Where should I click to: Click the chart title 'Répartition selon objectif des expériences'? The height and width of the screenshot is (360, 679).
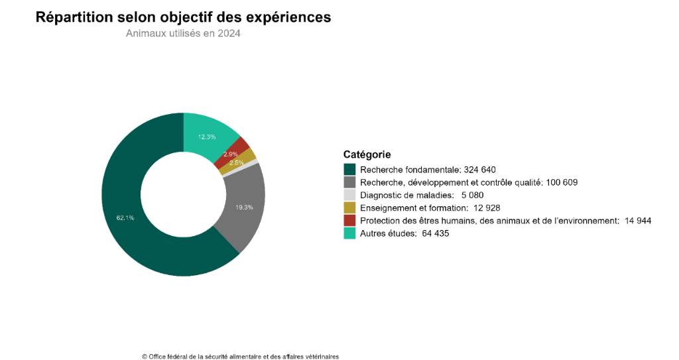(x=183, y=17)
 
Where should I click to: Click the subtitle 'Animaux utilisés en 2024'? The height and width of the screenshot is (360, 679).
(x=183, y=34)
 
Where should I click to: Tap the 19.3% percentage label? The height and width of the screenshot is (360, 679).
(x=244, y=208)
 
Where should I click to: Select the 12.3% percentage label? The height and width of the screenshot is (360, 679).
(x=207, y=137)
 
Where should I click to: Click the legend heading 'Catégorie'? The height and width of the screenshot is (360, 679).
(x=367, y=154)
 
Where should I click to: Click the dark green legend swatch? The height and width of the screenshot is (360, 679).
(x=349, y=170)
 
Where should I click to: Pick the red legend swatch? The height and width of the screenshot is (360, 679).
(x=349, y=220)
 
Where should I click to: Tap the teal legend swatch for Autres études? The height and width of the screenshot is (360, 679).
(x=349, y=233)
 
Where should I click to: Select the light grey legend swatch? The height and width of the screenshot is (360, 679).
(x=349, y=195)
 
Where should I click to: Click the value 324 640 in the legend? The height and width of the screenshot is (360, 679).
(x=479, y=170)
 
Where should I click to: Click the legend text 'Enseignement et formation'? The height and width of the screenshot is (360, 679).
(x=413, y=208)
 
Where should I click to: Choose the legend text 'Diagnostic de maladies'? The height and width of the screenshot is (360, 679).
(x=406, y=195)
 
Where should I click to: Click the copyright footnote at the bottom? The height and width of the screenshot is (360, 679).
(x=240, y=356)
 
